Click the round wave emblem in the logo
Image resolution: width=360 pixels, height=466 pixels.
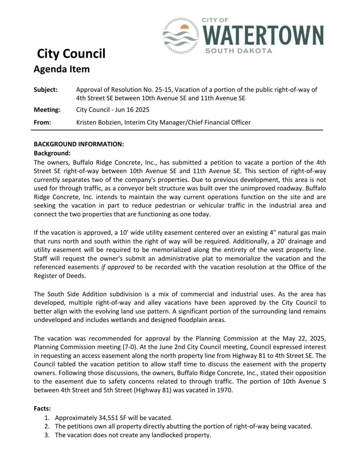tap(181, 36)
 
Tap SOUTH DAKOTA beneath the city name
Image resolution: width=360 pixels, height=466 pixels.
tap(238, 51)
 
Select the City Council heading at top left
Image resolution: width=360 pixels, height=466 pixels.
tap(71, 54)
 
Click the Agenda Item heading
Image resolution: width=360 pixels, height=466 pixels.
tap(61, 69)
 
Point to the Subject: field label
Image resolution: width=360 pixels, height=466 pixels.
tap(46, 90)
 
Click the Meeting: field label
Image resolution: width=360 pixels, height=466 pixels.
tap(47, 110)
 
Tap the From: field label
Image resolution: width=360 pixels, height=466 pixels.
tap(42, 122)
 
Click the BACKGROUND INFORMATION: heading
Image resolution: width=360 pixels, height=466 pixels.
tap(79, 144)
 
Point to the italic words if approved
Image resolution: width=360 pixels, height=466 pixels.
tap(118, 267)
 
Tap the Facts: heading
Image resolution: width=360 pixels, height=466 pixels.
tap(42, 409)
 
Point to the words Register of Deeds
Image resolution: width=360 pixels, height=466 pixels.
tap(59, 276)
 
